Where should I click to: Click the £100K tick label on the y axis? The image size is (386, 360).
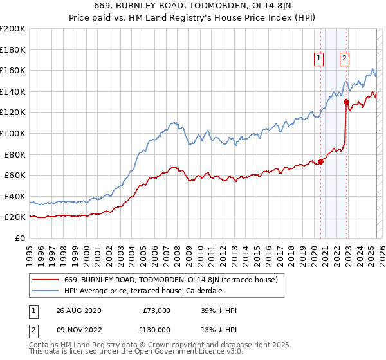click(x=13, y=133)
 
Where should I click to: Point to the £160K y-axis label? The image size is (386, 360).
click(x=13, y=70)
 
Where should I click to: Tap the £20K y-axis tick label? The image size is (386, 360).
click(x=15, y=217)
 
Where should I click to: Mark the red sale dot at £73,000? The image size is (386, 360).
click(x=320, y=161)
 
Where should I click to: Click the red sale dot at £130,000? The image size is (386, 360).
click(x=346, y=102)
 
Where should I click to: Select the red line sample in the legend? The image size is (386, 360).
click(x=46, y=280)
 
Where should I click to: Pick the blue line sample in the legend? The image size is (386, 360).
click(x=46, y=291)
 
